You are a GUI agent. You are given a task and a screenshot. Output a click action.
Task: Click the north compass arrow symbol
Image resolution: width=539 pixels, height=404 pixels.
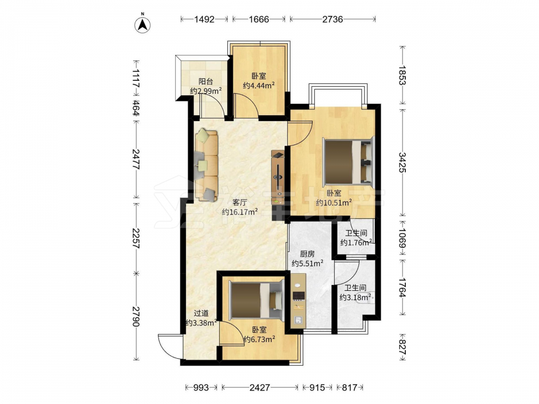point(142,24)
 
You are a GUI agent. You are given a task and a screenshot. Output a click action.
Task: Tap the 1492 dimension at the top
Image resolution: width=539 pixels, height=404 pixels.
point(204,19)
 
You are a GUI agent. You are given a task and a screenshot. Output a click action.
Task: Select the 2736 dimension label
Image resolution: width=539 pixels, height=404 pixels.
point(333,19)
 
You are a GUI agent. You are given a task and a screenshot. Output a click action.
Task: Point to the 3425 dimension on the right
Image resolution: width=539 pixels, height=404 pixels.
point(403,163)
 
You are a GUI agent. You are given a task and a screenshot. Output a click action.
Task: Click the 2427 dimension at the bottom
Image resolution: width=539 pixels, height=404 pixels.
point(260,387)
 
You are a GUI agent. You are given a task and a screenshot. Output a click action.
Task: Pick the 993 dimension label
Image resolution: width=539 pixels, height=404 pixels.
point(201,387)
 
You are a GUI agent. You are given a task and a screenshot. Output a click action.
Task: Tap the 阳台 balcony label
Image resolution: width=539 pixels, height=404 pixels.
point(205,82)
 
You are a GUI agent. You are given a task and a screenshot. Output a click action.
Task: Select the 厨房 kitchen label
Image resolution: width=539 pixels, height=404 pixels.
point(307,254)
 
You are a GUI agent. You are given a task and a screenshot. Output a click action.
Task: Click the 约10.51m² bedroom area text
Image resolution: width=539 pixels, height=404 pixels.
point(334,203)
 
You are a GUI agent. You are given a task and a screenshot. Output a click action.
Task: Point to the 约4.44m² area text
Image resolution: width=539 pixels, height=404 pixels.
point(259,85)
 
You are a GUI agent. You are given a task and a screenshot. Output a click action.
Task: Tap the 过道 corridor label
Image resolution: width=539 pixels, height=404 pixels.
point(201,314)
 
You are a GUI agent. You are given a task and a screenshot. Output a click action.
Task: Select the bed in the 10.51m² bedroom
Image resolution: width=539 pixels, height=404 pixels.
point(348,161)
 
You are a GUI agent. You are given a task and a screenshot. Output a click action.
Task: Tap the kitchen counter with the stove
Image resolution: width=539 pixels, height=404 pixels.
point(299,300)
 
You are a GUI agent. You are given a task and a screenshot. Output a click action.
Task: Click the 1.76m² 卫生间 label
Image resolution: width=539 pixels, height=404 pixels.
point(356,233)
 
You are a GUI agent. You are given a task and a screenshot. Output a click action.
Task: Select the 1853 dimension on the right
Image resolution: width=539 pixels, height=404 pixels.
point(403,75)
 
